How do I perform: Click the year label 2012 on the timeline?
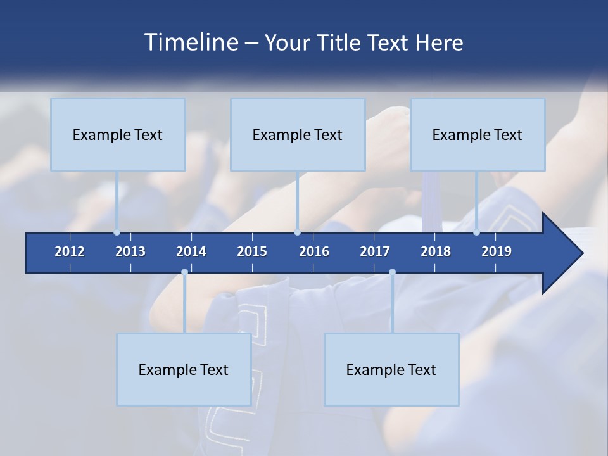coord(70,251)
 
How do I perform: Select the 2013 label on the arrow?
coord(130,251)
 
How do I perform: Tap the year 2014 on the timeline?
coord(191,251)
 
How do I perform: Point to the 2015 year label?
coord(252,251)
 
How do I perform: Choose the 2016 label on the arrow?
coord(314,251)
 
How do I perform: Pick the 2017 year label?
coord(375,251)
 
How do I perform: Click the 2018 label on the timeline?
coord(436,251)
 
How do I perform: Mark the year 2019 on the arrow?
coord(497,251)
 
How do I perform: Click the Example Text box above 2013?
coord(118,135)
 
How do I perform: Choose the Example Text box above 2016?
coord(298,135)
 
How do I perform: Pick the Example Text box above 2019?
coord(478,135)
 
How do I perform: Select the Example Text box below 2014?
coord(184,370)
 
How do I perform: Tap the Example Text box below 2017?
coord(391,370)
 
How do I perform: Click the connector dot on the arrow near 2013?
coord(117,232)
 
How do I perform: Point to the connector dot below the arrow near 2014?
coord(184,272)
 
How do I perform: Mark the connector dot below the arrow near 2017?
coord(392,272)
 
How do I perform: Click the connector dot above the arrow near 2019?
coord(477,232)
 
